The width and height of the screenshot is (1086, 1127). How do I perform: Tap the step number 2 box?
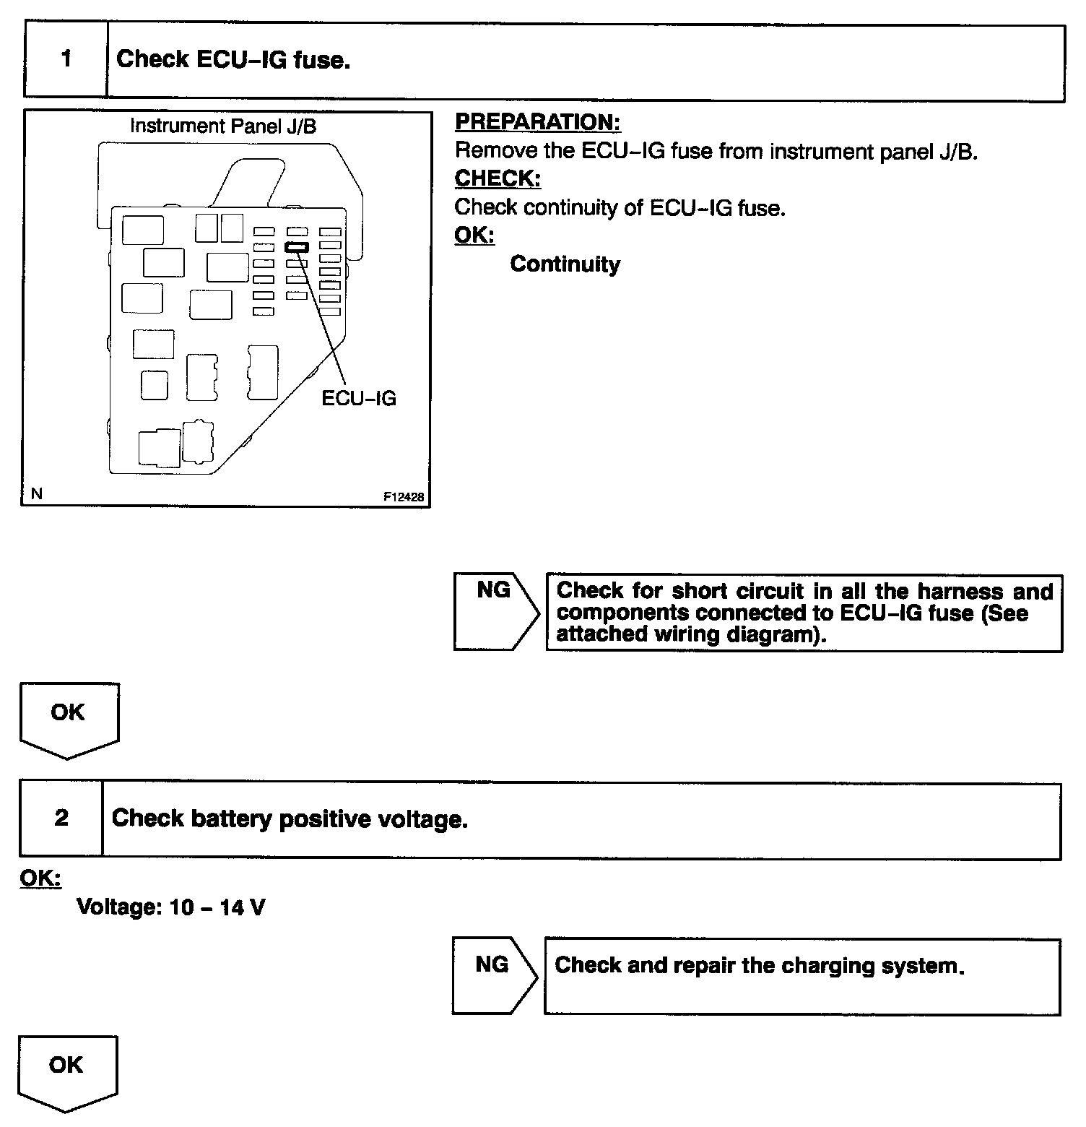click(61, 819)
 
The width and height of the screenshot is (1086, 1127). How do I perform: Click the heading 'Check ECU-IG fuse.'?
click(233, 59)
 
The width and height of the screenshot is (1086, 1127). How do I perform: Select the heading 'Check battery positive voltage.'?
click(290, 819)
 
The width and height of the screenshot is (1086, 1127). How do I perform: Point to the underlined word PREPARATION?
click(537, 122)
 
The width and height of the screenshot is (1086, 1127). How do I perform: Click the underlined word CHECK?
click(498, 178)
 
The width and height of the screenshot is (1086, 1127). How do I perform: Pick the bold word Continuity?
click(565, 264)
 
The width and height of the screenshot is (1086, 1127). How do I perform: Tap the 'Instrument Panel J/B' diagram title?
click(222, 126)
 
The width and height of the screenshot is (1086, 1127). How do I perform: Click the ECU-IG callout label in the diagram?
click(359, 399)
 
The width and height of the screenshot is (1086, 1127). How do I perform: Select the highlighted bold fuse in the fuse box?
click(296, 247)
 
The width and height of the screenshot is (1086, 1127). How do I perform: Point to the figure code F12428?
click(404, 497)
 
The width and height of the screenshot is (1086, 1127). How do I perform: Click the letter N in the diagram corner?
click(37, 494)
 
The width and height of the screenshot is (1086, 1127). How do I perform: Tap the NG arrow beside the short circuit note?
click(495, 610)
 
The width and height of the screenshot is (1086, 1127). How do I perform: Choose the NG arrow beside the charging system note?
click(494, 975)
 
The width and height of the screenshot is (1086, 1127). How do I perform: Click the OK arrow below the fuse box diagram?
click(68, 718)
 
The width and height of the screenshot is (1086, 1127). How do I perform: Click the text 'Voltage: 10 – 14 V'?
click(170, 907)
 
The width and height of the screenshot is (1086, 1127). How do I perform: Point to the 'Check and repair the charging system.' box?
click(802, 976)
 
